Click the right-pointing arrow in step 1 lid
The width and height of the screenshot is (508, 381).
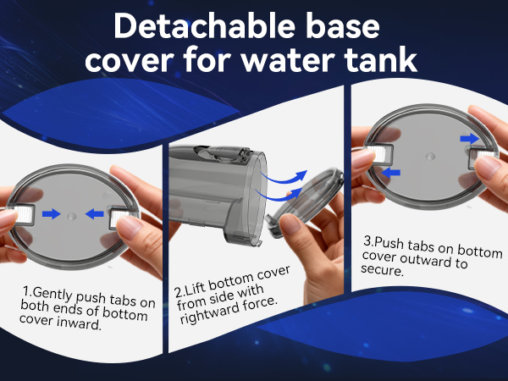click(x=51, y=214)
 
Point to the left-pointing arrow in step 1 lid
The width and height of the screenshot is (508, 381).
click(x=94, y=214)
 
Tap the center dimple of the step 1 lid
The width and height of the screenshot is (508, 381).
click(x=72, y=217)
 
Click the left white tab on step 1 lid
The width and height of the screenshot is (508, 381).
click(x=24, y=214)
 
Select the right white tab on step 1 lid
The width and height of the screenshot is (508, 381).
click(x=119, y=218)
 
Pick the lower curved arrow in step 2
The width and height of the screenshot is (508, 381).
click(x=279, y=196)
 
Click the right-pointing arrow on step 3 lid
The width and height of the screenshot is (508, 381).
click(x=469, y=139)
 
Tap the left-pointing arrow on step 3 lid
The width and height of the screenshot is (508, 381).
click(x=390, y=173)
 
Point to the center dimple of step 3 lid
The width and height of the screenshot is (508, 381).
click(x=430, y=157)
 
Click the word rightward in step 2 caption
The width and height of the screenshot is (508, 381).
click(x=210, y=312)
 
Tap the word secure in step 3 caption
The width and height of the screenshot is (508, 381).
click(x=383, y=269)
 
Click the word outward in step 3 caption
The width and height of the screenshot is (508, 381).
click(x=425, y=259)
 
